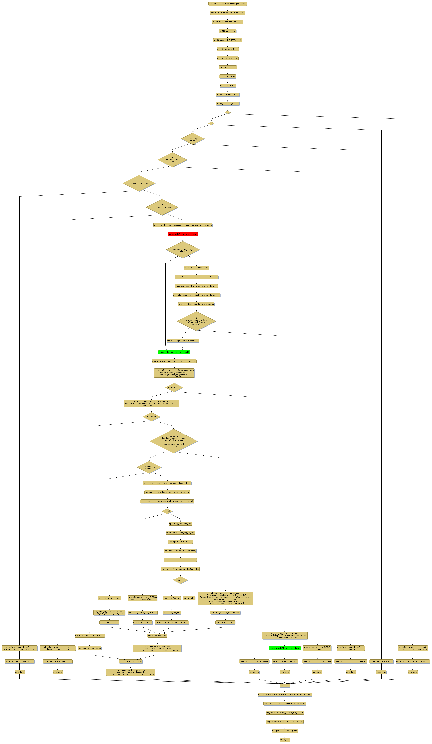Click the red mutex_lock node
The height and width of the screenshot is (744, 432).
click(x=183, y=234)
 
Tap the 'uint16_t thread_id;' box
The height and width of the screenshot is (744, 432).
click(x=227, y=31)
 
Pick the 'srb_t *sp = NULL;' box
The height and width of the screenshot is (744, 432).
click(x=227, y=85)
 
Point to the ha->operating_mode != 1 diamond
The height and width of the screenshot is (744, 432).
click(x=162, y=207)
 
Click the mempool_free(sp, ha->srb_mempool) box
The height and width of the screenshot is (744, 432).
click(x=172, y=622)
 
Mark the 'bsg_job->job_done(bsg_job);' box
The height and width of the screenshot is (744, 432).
click(x=285, y=731)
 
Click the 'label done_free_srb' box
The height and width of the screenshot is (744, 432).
click(x=172, y=613)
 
